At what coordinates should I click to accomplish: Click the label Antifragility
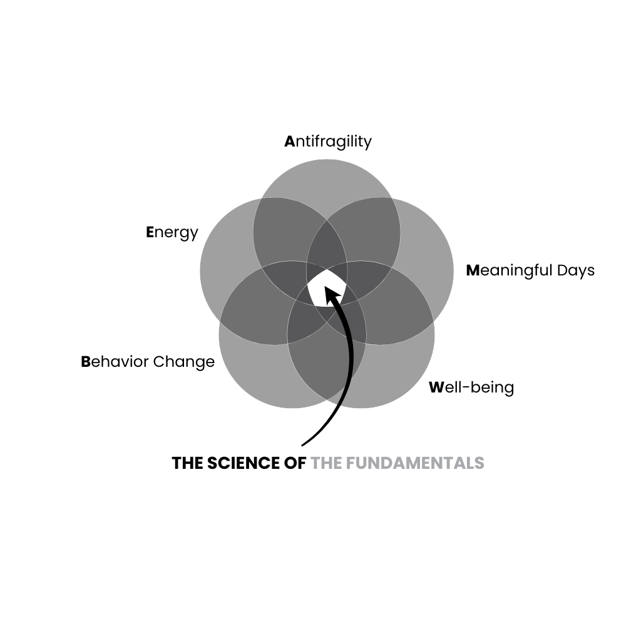click(x=328, y=141)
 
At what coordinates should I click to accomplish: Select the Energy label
click(x=172, y=232)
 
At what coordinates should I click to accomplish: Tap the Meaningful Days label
click(x=530, y=270)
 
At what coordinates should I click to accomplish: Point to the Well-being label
click(x=471, y=387)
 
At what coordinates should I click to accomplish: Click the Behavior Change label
click(x=148, y=362)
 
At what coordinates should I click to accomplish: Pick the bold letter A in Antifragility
click(x=289, y=141)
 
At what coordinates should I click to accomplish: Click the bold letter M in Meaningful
click(x=473, y=270)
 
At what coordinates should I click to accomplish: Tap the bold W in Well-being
click(x=436, y=387)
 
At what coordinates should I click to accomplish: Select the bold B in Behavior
click(x=86, y=362)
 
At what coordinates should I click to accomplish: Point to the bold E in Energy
click(x=150, y=232)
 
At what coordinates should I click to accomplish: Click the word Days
click(x=576, y=270)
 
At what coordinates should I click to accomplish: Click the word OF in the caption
click(x=297, y=463)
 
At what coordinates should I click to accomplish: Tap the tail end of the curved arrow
click(x=303, y=444)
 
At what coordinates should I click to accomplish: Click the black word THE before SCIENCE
click(x=187, y=463)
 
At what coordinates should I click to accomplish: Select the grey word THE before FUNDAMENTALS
click(x=326, y=463)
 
